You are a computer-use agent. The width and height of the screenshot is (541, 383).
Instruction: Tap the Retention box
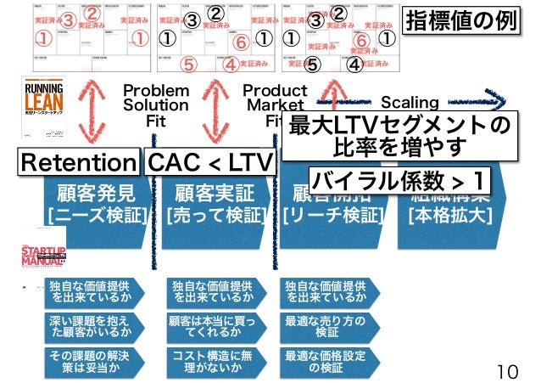click(x=79, y=162)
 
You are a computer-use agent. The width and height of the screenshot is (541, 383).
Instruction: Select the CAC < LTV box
click(x=209, y=162)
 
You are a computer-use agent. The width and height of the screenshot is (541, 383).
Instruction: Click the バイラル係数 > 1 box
click(x=399, y=181)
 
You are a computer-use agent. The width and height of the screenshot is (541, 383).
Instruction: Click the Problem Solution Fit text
click(x=155, y=105)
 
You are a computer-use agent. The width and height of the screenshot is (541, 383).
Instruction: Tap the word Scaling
click(x=410, y=103)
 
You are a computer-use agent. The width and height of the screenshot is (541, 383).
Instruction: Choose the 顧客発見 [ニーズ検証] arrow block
click(x=96, y=204)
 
